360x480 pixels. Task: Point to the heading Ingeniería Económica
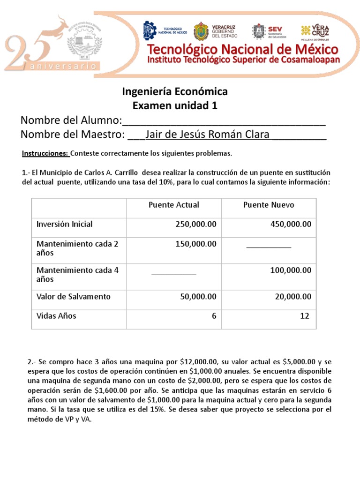[175, 91]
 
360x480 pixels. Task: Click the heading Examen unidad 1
[175, 105]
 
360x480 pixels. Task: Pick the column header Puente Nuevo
[269, 205]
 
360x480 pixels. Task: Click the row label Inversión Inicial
[65, 224]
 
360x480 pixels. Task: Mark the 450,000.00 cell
[291, 225]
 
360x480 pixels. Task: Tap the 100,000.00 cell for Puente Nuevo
[291, 270]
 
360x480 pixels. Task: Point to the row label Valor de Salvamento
[74, 296]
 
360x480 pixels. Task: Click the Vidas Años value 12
[305, 316]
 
